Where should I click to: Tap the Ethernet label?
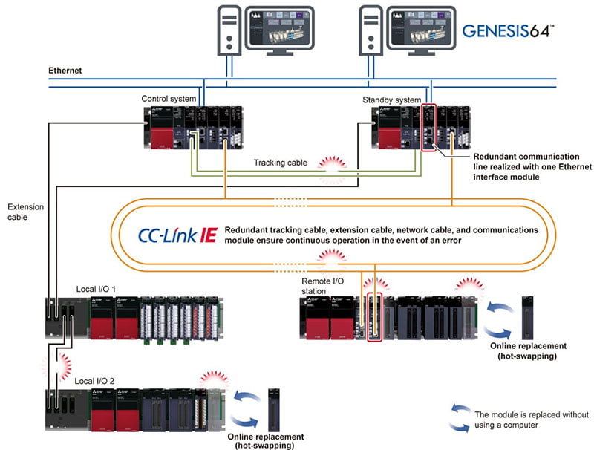click(x=65, y=71)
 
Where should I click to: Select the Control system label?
click(x=169, y=98)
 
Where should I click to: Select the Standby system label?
click(x=391, y=98)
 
